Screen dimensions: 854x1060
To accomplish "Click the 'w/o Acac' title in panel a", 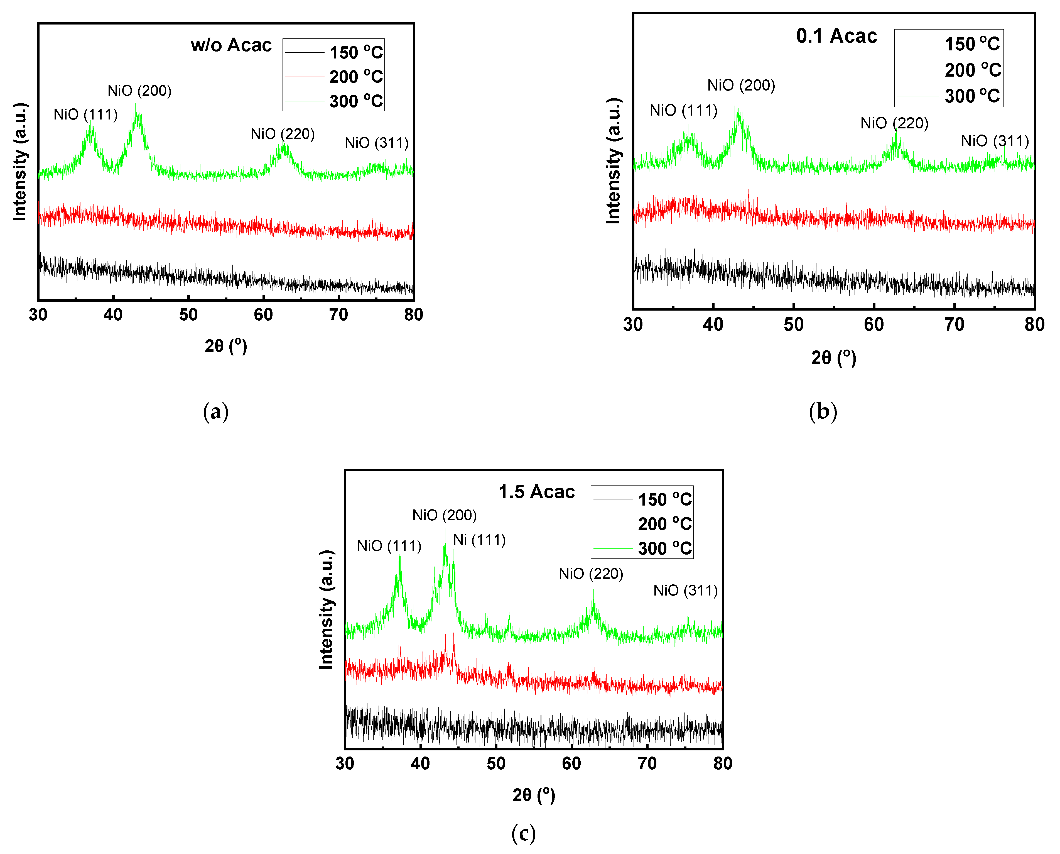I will pyautogui.click(x=231, y=45).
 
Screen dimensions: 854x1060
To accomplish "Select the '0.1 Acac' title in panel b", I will pyautogui.click(x=836, y=36).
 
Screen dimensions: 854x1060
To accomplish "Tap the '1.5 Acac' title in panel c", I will pyautogui.click(x=536, y=491).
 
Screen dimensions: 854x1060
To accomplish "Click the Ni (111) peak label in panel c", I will pyautogui.click(x=479, y=540).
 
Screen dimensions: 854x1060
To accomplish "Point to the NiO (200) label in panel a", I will pyautogui.click(x=140, y=91).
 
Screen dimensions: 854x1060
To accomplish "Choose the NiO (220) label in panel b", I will pyautogui.click(x=894, y=123).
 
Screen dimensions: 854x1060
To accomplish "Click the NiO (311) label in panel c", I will pyautogui.click(x=685, y=590).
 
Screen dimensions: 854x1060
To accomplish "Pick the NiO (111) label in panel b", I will pyautogui.click(x=683, y=110).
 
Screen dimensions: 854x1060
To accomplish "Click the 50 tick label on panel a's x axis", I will pyautogui.click(x=188, y=314).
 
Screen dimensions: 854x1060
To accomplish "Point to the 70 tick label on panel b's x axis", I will pyautogui.click(x=954, y=324).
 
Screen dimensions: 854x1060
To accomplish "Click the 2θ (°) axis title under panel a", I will pyautogui.click(x=226, y=346).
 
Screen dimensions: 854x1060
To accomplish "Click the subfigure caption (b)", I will pyautogui.click(x=823, y=411).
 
